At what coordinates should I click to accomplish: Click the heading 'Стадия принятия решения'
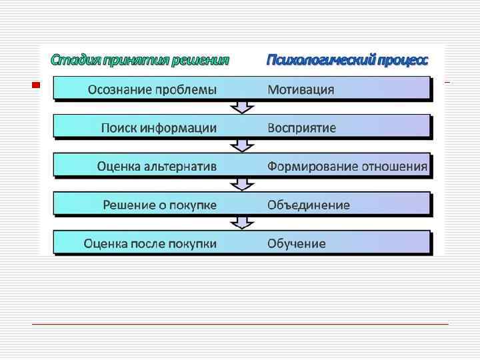[x=140, y=60]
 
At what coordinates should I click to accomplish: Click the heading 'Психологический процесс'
[x=347, y=60]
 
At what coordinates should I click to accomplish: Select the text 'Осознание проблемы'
[x=152, y=89]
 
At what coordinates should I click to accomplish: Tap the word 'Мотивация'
[x=301, y=89]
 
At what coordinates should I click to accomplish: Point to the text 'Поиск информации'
[x=159, y=127]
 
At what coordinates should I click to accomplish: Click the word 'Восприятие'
[x=301, y=127]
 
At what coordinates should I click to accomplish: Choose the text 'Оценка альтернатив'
[x=156, y=166]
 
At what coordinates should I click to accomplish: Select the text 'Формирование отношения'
[x=347, y=166]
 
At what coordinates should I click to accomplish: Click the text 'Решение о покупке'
[x=159, y=205]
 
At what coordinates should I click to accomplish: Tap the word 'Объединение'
[x=308, y=205]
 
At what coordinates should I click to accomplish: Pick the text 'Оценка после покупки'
[x=150, y=243]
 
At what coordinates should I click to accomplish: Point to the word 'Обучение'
[x=297, y=243]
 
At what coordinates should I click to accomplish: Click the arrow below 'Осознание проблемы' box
[x=240, y=107]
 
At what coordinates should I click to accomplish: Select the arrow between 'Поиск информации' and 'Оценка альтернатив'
[x=240, y=145]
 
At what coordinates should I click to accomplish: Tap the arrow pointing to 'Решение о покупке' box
[x=240, y=184]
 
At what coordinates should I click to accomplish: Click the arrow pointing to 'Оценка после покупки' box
[x=240, y=223]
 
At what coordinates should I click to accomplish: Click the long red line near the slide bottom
[x=240, y=324]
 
